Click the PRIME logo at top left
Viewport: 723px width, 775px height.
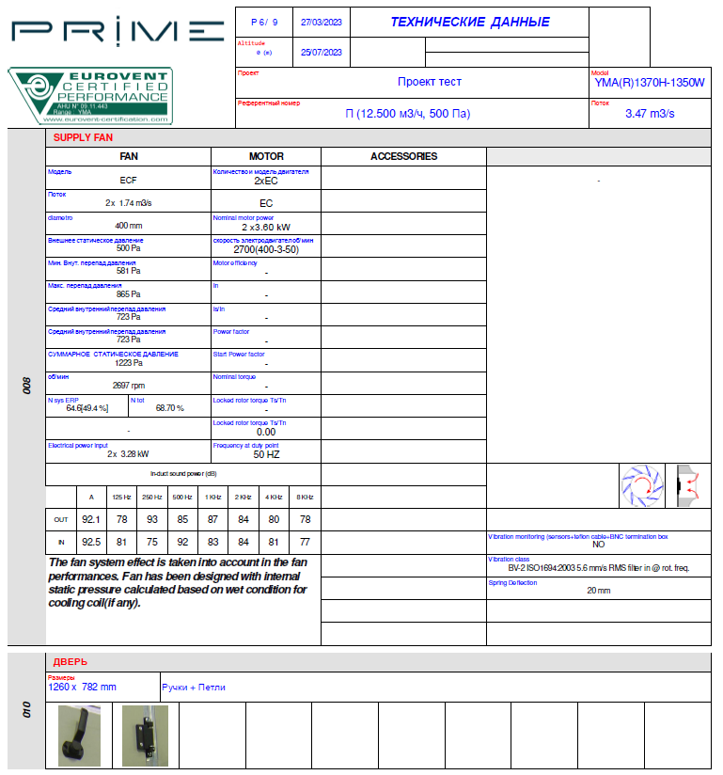point(118,30)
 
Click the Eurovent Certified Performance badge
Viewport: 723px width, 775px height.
point(90,96)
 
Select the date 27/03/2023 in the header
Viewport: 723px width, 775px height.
point(321,22)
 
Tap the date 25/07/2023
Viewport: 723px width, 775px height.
point(321,52)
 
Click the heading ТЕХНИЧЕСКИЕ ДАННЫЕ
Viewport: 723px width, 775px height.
point(469,22)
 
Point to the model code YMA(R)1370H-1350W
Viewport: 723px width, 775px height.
point(649,83)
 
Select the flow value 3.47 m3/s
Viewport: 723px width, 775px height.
point(650,114)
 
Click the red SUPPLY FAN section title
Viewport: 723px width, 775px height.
point(83,137)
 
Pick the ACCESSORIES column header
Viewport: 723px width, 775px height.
point(403,156)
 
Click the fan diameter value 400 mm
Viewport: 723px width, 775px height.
point(129,226)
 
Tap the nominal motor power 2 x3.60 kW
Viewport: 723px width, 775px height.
point(266,227)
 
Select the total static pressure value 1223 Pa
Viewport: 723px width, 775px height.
point(129,362)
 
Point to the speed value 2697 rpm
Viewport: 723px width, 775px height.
point(129,385)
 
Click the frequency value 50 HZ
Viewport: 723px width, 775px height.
point(266,453)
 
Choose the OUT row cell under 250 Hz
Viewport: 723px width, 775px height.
point(151,518)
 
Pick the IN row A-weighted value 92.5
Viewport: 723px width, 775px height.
point(91,542)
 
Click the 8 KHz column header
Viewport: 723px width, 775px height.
point(305,497)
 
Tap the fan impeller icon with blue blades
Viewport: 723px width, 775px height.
point(642,485)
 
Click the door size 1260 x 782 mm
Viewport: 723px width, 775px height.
point(83,687)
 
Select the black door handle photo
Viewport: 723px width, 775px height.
point(79,735)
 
